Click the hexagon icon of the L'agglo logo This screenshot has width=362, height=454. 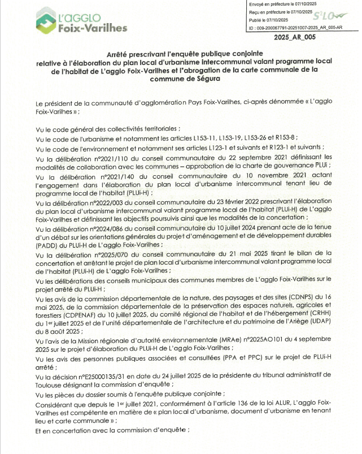46,22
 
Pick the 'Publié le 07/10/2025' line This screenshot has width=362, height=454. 269,19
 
